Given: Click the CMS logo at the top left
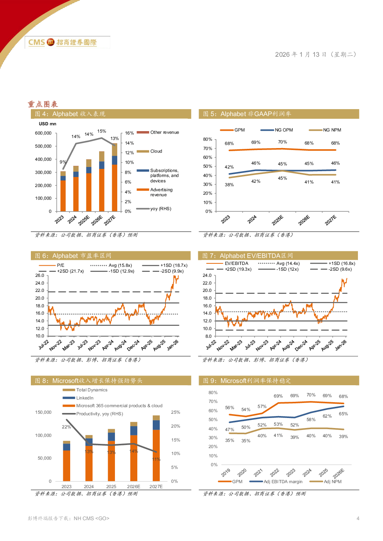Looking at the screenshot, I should click(67, 42).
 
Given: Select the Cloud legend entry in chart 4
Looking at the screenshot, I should click(156, 151).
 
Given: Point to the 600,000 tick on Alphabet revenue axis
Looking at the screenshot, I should click(43, 133).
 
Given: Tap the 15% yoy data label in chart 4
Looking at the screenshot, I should click(101, 131).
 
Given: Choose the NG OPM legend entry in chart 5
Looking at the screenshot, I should click(283, 130).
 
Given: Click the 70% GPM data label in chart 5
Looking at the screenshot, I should click(282, 142).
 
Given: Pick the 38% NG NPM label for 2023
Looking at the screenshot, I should click(229, 185).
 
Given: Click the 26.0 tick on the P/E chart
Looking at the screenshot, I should click(40, 275).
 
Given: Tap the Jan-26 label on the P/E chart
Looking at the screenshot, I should click(173, 344).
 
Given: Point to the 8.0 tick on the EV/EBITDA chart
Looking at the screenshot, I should click(208, 336).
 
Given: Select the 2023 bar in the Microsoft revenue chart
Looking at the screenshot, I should click(67, 461).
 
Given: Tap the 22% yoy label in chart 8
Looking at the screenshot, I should click(66, 427).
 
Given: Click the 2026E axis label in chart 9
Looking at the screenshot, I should click(338, 473).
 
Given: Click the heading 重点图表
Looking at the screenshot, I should click(43, 104).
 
